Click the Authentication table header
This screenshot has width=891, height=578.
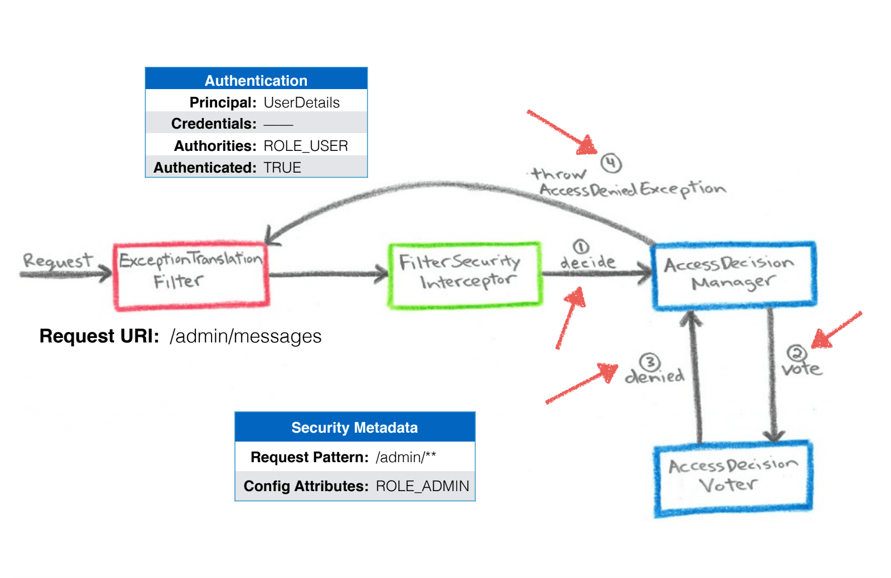256,80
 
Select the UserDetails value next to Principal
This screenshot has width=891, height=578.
301,102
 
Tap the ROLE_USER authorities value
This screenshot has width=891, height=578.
305,146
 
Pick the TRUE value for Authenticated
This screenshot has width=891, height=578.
282,168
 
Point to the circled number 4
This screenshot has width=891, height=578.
611,163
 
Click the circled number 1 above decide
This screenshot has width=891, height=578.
581,247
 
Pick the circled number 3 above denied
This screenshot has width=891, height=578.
650,363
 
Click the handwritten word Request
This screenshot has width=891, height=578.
57,261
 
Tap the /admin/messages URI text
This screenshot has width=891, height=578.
246,336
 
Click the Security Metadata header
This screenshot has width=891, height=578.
354,428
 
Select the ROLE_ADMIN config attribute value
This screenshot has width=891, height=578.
422,486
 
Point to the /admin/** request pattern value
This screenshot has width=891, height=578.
405,457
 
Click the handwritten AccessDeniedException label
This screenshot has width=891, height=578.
632,190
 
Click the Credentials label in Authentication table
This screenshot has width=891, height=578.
214,124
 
